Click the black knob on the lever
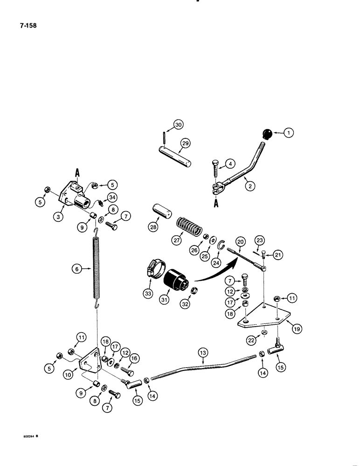click(268, 134)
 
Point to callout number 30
click(179, 124)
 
